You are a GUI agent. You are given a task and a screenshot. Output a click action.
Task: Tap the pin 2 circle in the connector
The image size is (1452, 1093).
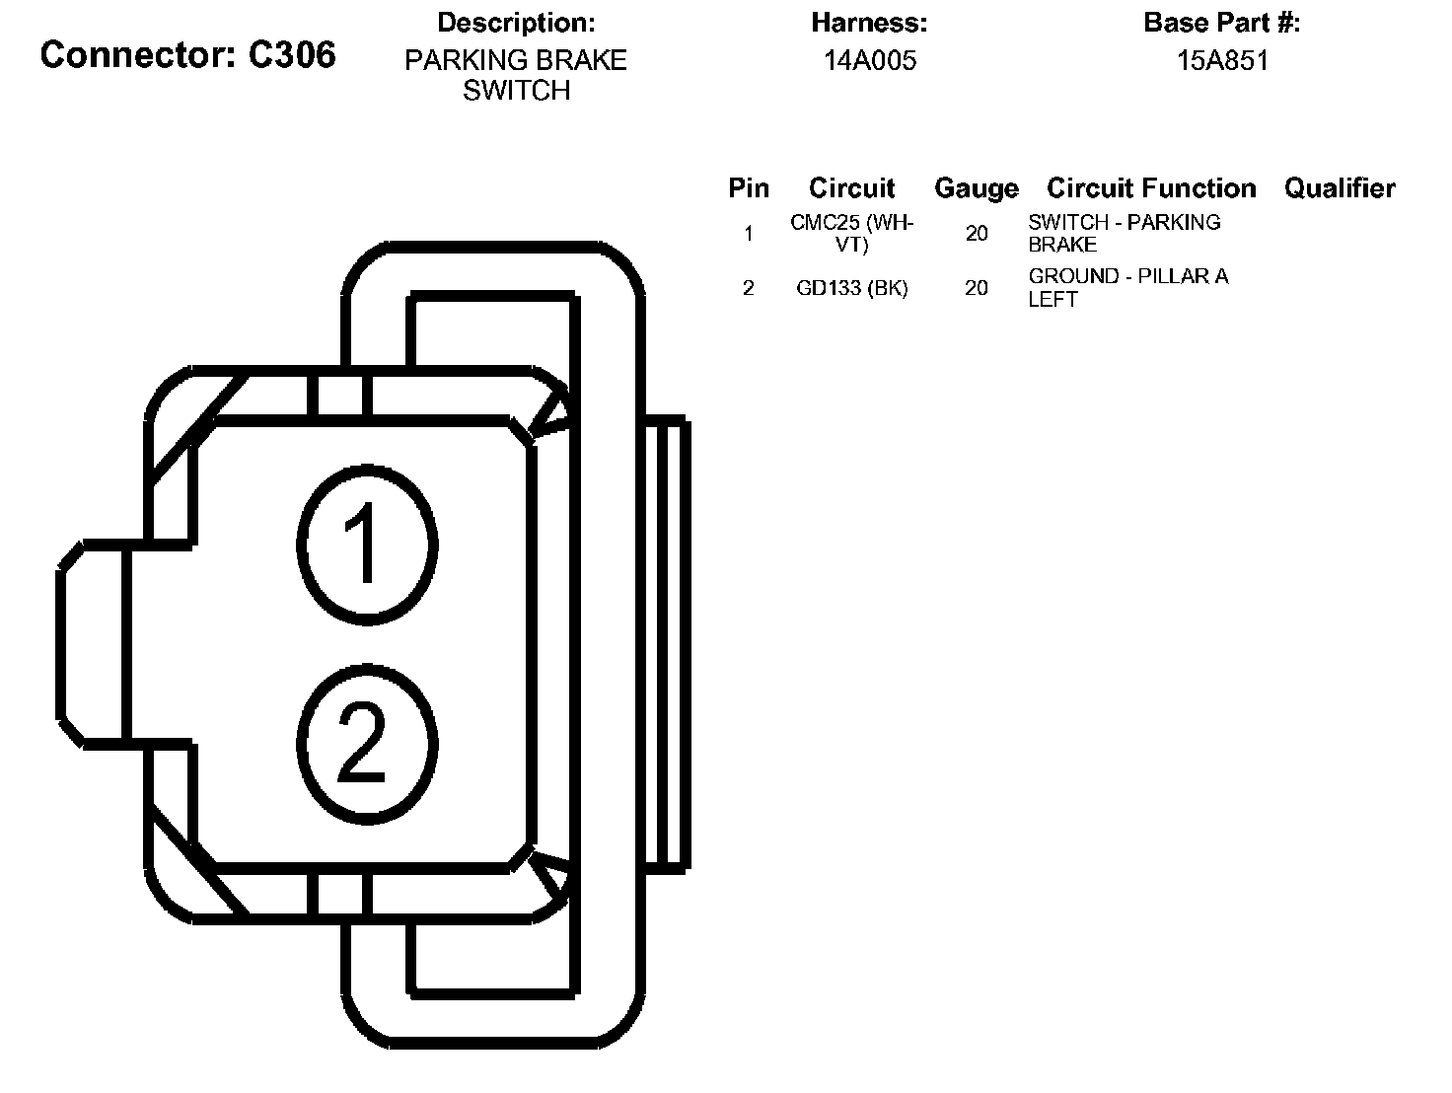[x=367, y=743]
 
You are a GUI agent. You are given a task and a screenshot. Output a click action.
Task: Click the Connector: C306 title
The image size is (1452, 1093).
[x=187, y=55]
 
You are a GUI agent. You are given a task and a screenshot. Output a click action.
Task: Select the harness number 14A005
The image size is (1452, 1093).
[x=870, y=61]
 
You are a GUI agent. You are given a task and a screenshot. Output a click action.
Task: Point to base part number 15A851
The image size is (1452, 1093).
[x=1222, y=61]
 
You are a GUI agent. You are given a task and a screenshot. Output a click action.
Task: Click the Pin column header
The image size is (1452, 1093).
[x=749, y=188]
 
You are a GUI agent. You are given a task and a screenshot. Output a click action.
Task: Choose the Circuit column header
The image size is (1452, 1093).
[x=851, y=188]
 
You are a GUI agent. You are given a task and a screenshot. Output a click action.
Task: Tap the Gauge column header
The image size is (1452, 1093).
[x=976, y=188]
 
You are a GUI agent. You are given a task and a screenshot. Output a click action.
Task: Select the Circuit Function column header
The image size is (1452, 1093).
[x=1151, y=188]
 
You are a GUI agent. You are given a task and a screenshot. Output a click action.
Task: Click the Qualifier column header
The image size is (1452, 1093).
[x=1340, y=188]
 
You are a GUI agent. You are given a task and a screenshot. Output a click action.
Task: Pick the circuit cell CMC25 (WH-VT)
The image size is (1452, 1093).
[x=852, y=234]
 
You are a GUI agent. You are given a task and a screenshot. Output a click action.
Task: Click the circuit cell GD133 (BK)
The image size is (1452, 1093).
[x=852, y=288]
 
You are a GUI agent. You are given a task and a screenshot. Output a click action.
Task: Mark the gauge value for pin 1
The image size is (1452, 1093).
[x=977, y=234]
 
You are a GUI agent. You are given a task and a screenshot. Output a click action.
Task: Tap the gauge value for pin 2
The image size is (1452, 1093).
[x=977, y=288]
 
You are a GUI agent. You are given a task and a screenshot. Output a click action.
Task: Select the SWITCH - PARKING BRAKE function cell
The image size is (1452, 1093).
[x=1124, y=234]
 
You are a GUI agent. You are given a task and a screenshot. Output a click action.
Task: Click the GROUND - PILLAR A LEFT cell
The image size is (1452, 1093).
[x=1127, y=288]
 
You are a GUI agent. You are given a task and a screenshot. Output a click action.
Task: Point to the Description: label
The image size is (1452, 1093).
[x=516, y=23]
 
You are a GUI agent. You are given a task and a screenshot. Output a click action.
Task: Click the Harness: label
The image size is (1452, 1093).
[x=869, y=23]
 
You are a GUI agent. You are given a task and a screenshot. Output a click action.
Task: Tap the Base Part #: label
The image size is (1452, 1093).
[x=1222, y=23]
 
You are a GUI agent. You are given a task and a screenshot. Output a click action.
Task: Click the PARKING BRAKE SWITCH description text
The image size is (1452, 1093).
[x=516, y=75]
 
